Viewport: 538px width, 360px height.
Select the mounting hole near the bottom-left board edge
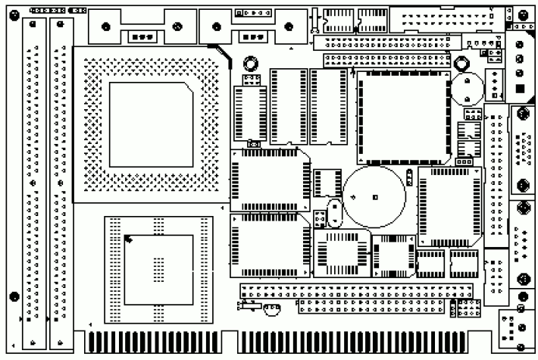[x=14, y=296]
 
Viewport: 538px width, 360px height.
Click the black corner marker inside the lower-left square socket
[x=129, y=240]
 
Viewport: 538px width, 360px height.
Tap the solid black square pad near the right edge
[x=520, y=91]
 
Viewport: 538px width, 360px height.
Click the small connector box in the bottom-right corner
[x=516, y=330]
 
